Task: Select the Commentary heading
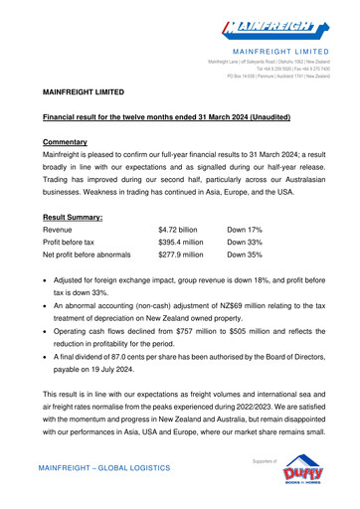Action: tap(73, 142)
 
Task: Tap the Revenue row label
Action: tap(63, 230)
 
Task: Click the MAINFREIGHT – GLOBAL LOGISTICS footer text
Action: tap(106, 467)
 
